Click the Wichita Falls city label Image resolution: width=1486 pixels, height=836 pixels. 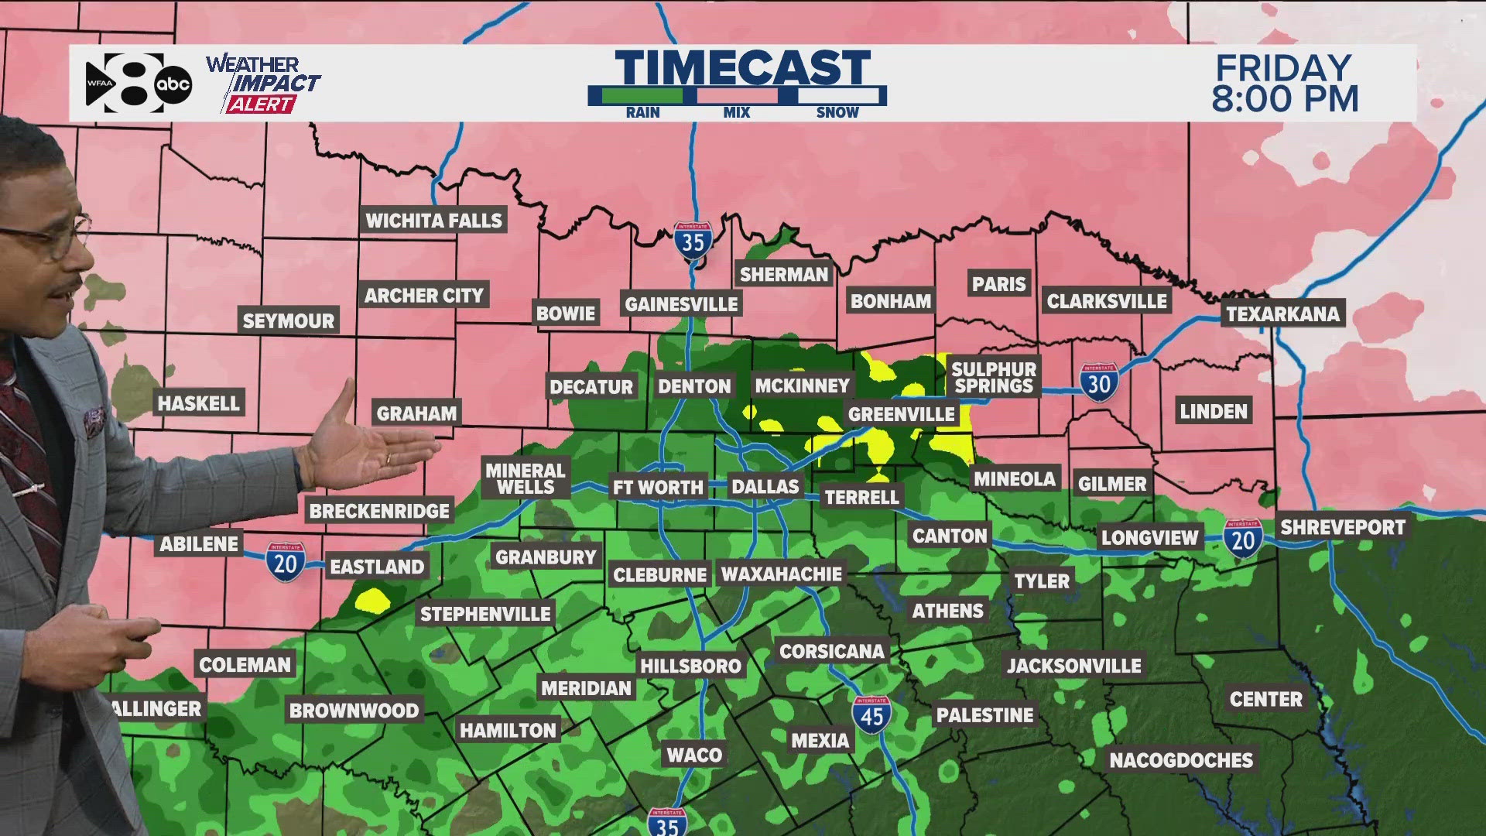433,221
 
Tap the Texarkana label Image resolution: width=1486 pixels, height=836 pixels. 1282,313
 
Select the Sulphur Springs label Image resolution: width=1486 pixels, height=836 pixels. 994,378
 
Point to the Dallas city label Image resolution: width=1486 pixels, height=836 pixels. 765,486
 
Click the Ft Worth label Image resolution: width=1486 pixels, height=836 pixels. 658,487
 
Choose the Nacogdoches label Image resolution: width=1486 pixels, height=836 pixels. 1181,760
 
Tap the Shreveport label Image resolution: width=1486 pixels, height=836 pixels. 1342,527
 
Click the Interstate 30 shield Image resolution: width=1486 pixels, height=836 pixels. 1099,382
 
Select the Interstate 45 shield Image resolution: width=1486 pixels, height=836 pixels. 871,714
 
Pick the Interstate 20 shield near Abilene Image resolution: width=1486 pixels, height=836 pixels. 286,561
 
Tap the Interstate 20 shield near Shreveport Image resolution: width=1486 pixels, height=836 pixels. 1243,538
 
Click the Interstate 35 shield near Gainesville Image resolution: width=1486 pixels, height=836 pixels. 693,241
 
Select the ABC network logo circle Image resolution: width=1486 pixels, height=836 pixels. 173,84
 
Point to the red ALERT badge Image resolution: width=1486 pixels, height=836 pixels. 261,104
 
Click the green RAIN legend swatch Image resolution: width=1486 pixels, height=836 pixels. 642,96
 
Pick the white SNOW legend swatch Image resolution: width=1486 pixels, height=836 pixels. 837,96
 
